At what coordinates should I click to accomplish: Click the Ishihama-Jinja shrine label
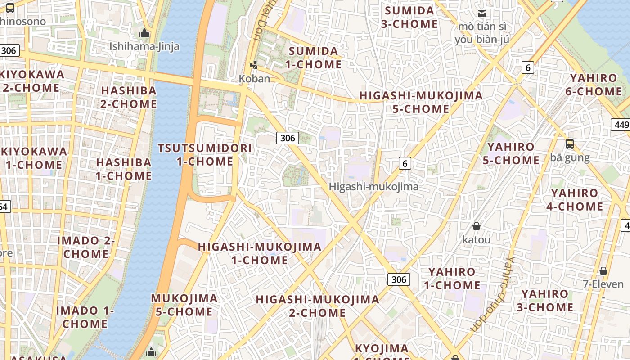[144, 46]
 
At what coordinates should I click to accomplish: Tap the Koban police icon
[254, 65]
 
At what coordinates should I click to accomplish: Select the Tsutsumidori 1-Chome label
[205, 154]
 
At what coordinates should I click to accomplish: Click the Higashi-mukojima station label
[373, 186]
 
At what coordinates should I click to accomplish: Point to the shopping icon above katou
[476, 226]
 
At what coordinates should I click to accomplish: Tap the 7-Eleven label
[603, 284]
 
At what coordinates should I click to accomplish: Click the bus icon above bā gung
[570, 144]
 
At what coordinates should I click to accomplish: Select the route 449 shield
[621, 125]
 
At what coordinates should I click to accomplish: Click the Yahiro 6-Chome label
[594, 85]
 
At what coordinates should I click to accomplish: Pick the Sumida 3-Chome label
[409, 17]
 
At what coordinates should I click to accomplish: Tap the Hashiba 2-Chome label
[129, 97]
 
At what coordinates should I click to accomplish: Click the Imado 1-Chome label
[85, 317]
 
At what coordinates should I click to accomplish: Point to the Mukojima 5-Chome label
[184, 305]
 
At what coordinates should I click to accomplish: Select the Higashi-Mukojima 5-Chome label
[421, 102]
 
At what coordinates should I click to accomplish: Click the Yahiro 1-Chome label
[452, 278]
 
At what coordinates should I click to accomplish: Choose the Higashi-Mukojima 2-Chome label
[317, 306]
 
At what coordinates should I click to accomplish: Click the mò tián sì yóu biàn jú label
[482, 33]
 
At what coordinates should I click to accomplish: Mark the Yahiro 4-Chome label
[575, 200]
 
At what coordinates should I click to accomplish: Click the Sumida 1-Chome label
[314, 58]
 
